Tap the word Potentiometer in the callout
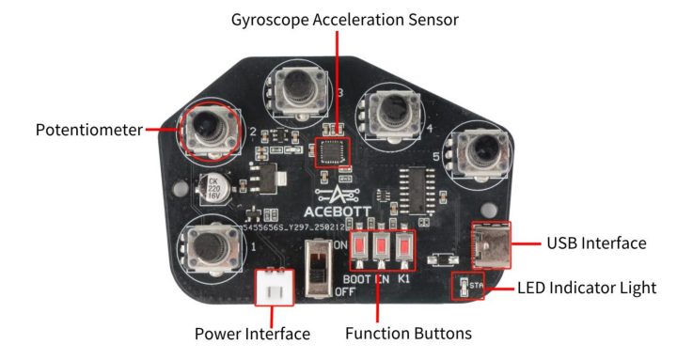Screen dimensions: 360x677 coord(88,130)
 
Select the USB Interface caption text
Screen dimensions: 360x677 coord(596,243)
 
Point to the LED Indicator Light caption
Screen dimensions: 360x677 coord(588,287)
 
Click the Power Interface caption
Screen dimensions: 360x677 coord(252,334)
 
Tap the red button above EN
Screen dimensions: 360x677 coord(383,249)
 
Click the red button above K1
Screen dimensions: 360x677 coord(405,249)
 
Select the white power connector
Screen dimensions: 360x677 coord(274,287)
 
